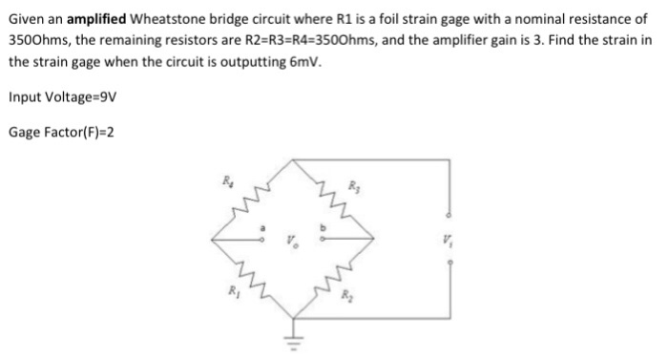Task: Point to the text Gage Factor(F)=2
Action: click(61, 131)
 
